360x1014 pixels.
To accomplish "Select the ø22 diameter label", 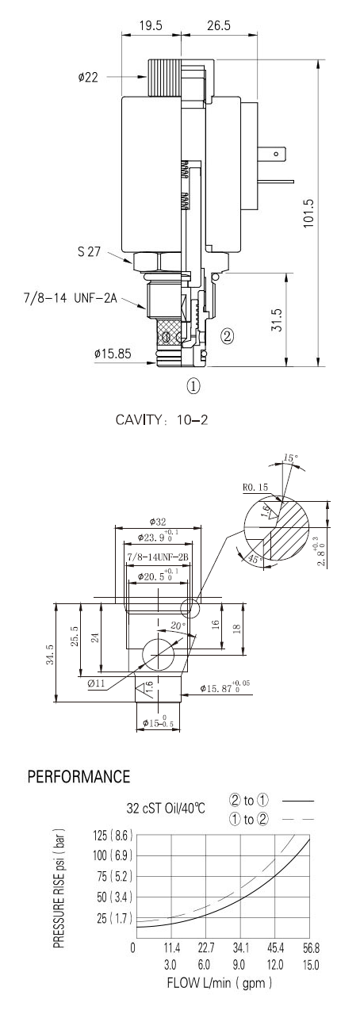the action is click(87, 78).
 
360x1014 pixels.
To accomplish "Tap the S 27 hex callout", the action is click(89, 251).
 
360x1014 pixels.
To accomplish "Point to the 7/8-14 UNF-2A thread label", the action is click(71, 298).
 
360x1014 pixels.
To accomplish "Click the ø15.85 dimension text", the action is click(113, 353).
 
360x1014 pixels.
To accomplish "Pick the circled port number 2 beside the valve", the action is click(227, 336).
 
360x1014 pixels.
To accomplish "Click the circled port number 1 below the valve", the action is click(193, 385).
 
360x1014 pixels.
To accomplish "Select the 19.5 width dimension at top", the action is click(151, 25).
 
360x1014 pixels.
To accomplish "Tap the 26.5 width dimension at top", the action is click(219, 25).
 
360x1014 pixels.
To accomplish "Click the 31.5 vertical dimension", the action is click(277, 320).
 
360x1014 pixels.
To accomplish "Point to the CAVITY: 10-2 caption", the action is click(162, 419).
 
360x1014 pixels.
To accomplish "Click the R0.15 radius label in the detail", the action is click(255, 488).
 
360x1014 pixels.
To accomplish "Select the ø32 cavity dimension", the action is click(158, 522).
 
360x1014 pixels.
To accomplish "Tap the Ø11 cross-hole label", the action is click(96, 683).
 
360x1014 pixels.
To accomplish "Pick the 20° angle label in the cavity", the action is click(178, 626).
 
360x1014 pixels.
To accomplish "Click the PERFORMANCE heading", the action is click(79, 776).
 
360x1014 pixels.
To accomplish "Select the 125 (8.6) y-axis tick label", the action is click(113, 835).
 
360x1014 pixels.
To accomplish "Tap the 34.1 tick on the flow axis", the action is click(239, 947).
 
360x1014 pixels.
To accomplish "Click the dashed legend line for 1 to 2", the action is click(298, 819).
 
